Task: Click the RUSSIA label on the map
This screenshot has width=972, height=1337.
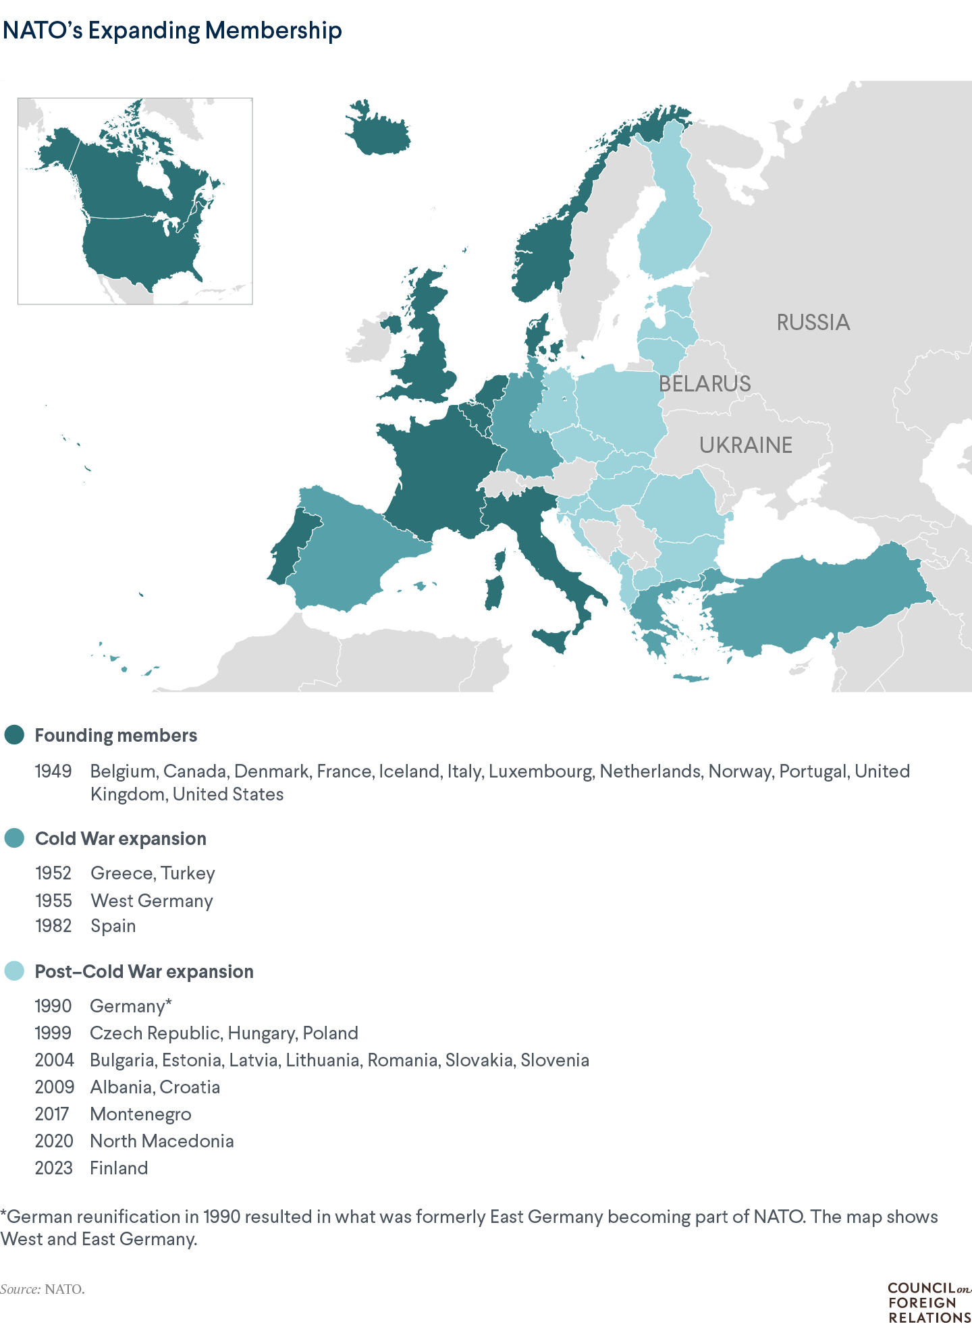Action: click(813, 323)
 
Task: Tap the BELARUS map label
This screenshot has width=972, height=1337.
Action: click(705, 384)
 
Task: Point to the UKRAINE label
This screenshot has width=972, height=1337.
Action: click(745, 445)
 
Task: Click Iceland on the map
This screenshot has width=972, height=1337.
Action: click(378, 132)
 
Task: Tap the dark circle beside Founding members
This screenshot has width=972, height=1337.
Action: click(14, 735)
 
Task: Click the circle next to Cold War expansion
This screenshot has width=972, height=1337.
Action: click(14, 838)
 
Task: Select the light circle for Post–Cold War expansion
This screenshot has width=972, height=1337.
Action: click(14, 971)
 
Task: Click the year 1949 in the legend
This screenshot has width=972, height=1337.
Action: click(53, 771)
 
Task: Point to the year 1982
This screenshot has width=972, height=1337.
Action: click(53, 926)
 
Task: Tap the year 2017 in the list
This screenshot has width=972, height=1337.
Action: click(52, 1114)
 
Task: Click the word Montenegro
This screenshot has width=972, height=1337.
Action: click(140, 1114)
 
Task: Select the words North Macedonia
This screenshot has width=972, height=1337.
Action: click(162, 1141)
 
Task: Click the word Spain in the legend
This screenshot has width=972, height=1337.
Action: click(113, 926)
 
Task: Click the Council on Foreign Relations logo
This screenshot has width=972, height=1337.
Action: click(929, 1303)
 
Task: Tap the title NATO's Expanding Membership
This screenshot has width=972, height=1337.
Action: click(172, 30)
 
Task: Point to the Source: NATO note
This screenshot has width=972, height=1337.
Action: click(43, 1289)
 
